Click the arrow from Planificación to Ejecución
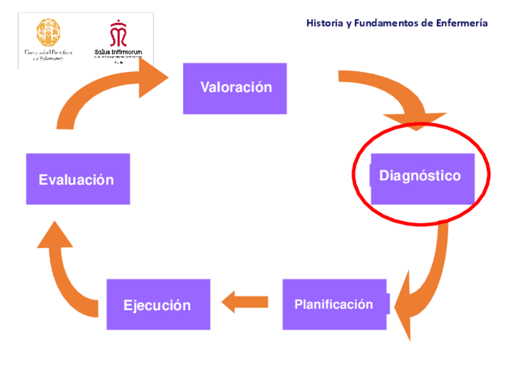244,301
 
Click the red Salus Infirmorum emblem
119,34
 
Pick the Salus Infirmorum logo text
119,53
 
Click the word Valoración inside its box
236,87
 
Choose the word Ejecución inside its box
157,306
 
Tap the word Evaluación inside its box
76,180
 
